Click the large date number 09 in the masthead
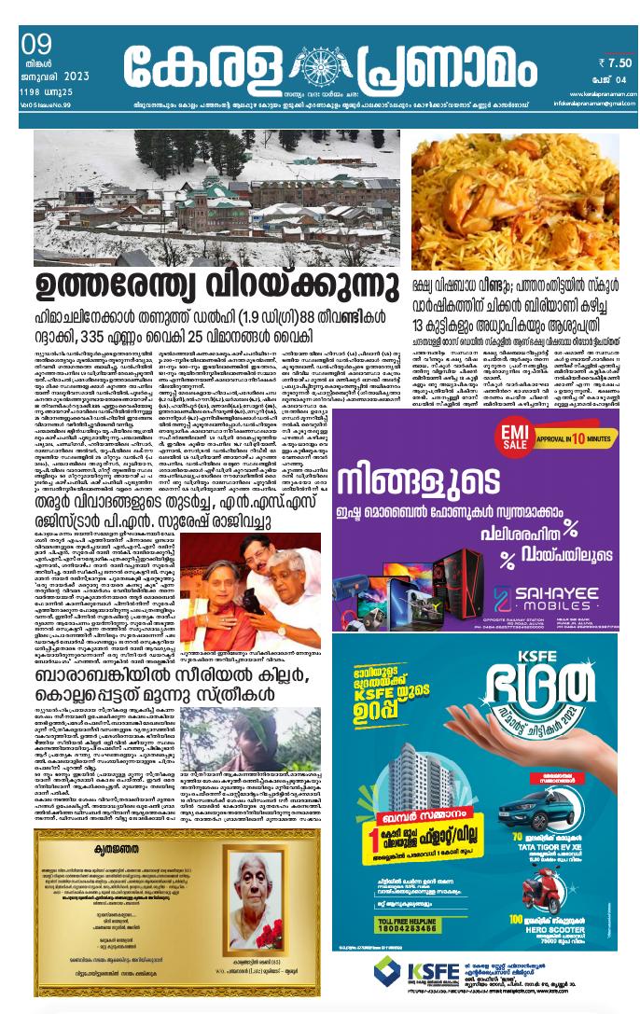coord(35,44)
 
